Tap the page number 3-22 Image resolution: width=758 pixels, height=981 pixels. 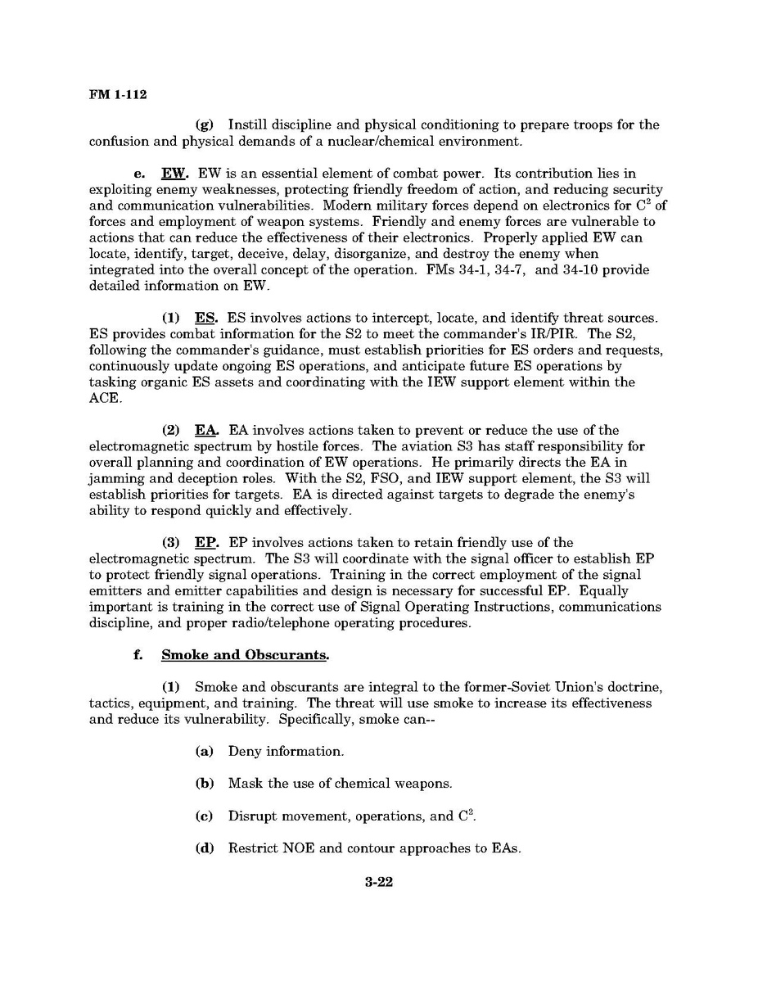(379, 883)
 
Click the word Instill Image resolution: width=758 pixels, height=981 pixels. (246, 124)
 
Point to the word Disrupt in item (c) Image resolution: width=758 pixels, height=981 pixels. (252, 816)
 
